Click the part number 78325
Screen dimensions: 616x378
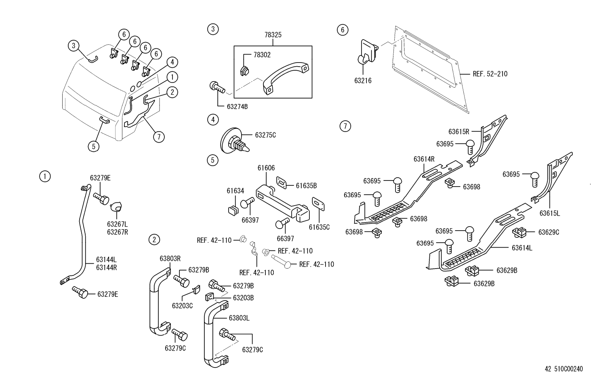click(273, 35)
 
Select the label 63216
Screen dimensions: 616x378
click(363, 81)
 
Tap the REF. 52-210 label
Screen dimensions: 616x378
click(490, 74)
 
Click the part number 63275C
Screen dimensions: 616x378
click(265, 135)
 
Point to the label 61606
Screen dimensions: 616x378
click(266, 168)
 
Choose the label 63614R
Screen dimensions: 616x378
click(424, 159)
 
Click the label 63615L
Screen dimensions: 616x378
click(549, 213)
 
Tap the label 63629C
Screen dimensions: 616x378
click(549, 232)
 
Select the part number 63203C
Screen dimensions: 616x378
click(182, 306)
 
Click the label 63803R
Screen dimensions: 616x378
click(170, 259)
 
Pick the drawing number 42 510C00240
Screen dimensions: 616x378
click(564, 369)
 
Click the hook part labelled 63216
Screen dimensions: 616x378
click(368, 54)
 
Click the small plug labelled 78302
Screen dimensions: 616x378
click(244, 71)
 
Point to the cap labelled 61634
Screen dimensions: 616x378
click(233, 210)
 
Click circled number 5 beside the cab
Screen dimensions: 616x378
click(93, 147)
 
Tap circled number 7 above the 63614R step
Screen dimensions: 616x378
click(345, 126)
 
